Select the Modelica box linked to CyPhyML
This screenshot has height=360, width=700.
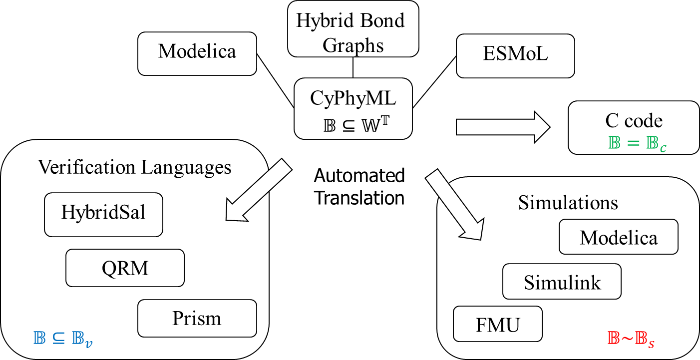tap(197, 51)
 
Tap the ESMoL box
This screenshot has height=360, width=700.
tap(515, 54)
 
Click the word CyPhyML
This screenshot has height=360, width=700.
tap(353, 98)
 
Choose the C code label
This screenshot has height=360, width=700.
tap(634, 121)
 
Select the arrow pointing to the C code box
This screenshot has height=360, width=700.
tap(502, 127)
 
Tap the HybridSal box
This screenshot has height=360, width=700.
tap(103, 213)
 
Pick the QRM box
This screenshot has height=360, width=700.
tap(125, 268)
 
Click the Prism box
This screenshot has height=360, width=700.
tap(197, 318)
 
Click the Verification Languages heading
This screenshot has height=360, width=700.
tap(134, 167)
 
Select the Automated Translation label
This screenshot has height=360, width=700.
tap(359, 187)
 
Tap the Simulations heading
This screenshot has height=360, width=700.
tap(568, 203)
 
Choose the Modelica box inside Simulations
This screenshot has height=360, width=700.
tap(618, 238)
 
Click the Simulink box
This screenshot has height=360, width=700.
tap(562, 283)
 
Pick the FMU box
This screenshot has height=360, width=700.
tap(497, 325)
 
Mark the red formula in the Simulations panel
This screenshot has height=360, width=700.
tap(631, 339)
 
